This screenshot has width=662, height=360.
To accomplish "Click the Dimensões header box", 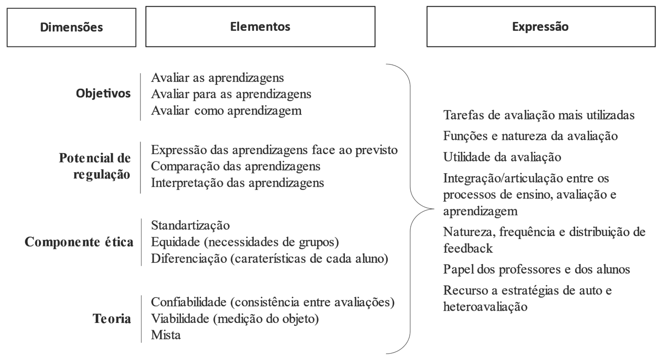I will click(72, 27).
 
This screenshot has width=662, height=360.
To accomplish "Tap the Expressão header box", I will click(540, 27).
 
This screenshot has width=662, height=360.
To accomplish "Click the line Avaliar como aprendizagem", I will click(227, 110).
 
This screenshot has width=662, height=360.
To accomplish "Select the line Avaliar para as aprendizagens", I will click(232, 94).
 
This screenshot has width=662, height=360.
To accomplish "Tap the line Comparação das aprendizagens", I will click(236, 166).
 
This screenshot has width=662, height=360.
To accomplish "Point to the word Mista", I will click(166, 335).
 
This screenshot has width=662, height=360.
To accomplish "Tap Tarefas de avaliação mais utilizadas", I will click(539, 115).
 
